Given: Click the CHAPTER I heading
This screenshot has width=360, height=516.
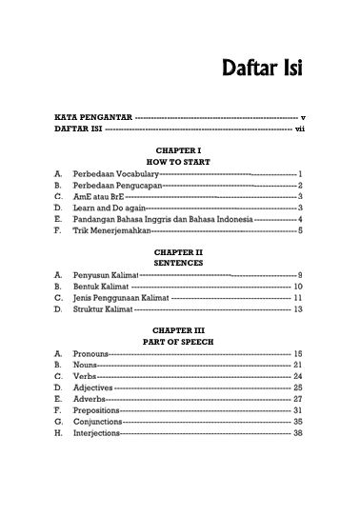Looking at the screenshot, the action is click(x=179, y=150).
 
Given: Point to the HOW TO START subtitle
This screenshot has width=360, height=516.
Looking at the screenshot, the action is click(x=179, y=162).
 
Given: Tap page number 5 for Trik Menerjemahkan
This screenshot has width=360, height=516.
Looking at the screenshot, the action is click(x=300, y=229).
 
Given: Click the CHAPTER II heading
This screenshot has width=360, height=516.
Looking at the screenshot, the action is click(x=179, y=250).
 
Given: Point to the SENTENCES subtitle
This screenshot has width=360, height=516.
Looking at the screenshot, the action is click(x=179, y=262).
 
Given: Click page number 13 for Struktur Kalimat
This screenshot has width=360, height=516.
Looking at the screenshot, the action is click(x=298, y=308).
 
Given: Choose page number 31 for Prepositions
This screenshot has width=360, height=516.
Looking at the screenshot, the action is click(x=298, y=410).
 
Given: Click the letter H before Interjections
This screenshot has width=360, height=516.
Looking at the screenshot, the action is click(x=58, y=433).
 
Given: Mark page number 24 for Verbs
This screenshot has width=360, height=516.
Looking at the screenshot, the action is click(x=298, y=376).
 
